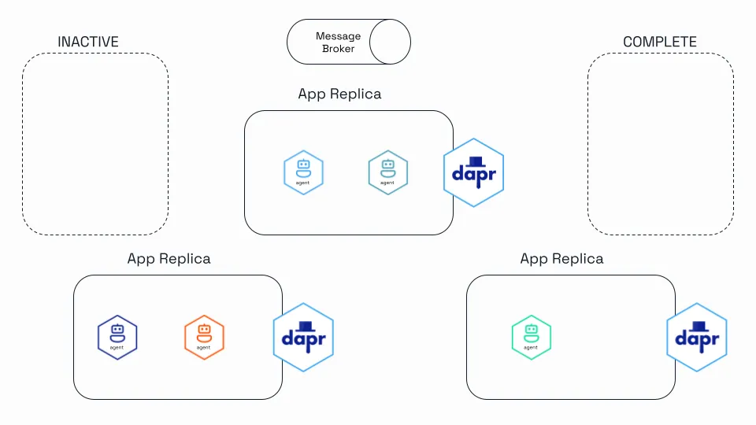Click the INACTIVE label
click(88, 42)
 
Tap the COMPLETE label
click(660, 42)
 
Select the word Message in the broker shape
click(338, 36)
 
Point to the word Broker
click(338, 49)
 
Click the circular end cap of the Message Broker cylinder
click(390, 42)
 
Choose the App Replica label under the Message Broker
click(339, 94)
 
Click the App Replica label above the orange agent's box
click(169, 259)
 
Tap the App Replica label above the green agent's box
click(561, 259)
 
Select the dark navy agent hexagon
click(117, 338)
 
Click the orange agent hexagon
click(204, 338)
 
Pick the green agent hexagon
click(532, 338)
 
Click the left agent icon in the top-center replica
click(303, 172)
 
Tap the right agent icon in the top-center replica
click(388, 172)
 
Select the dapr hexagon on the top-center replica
click(473, 172)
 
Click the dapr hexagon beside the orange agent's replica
click(303, 338)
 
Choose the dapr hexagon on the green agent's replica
click(697, 338)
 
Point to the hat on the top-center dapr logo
click(476, 162)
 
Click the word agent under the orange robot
click(203, 347)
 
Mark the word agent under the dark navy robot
click(117, 347)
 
